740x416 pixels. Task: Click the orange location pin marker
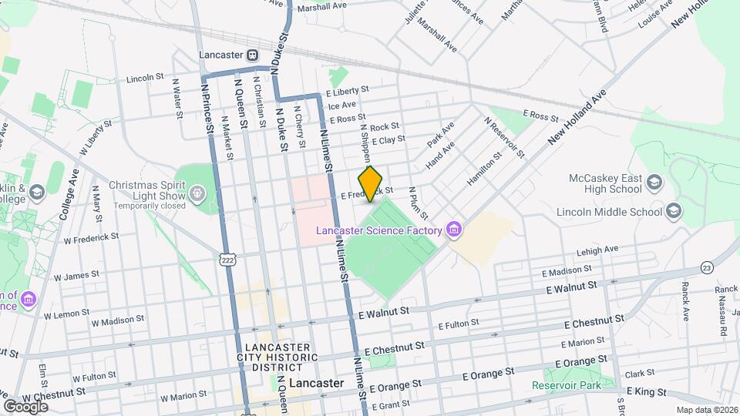pos(371,183)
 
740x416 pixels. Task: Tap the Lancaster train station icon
pos(251,55)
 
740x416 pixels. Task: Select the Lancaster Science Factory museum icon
pos(455,230)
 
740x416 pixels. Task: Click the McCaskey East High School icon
pos(654,183)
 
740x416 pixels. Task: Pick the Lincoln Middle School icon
pos(673,211)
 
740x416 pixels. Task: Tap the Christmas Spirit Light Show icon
pos(198,192)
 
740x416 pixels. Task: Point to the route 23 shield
pos(706,267)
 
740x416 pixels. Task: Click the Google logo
pos(25,406)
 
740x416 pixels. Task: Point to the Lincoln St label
pos(146,78)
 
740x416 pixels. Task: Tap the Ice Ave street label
pos(342,105)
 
